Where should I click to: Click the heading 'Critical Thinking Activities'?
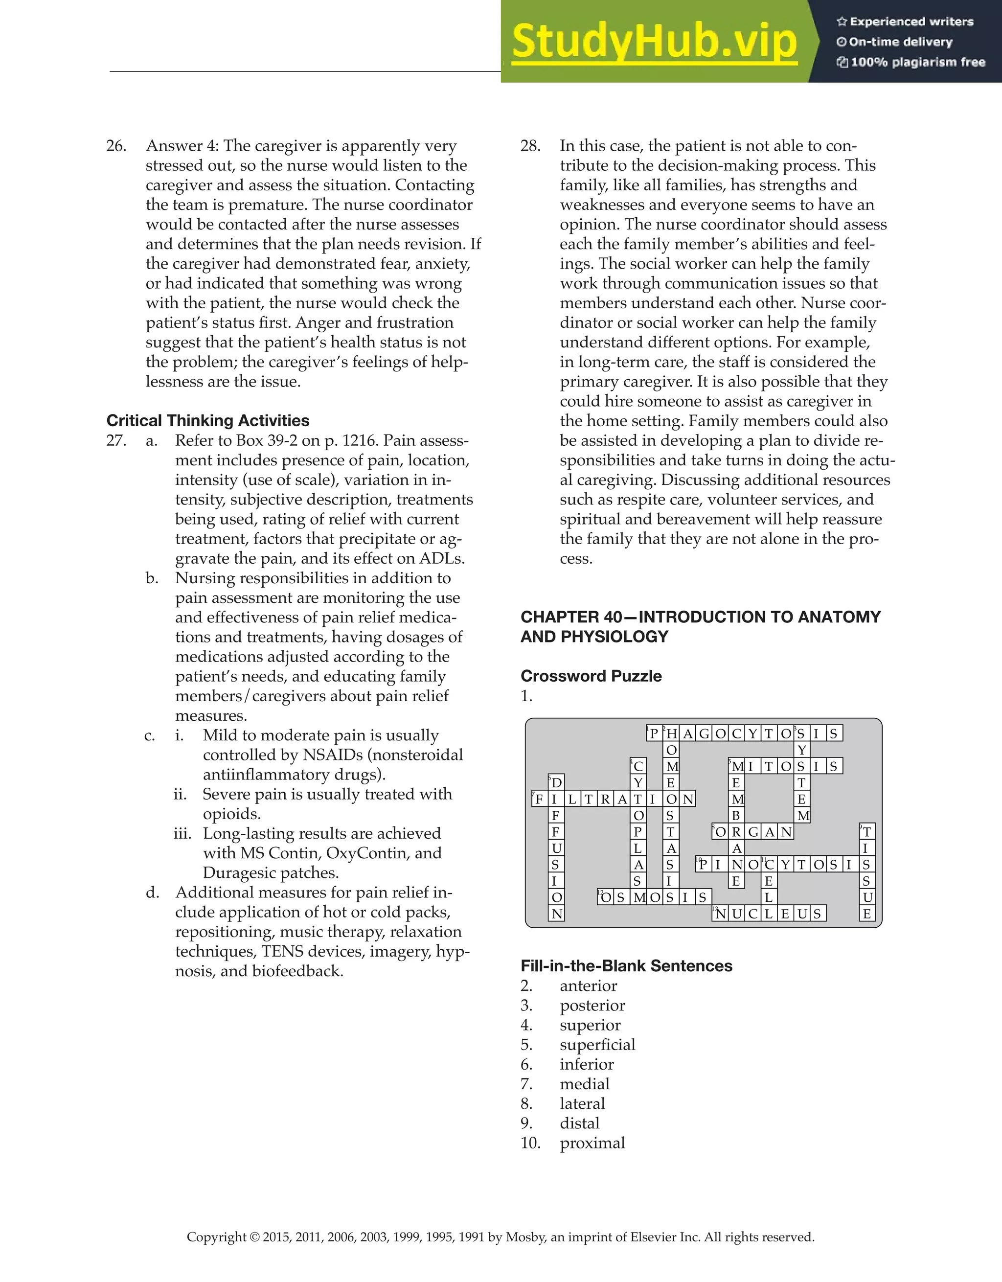tap(208, 420)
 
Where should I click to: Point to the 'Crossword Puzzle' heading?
tap(591, 676)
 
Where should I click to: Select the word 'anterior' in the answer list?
tap(588, 985)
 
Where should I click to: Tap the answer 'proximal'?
tap(592, 1143)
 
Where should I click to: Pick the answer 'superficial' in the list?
tap(597, 1044)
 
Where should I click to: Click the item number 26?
tap(116, 146)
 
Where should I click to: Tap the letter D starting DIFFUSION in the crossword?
tap(556, 782)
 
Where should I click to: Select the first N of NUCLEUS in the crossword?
tap(721, 914)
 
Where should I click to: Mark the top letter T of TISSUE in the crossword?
tap(867, 832)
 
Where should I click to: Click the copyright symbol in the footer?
tap(254, 1237)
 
